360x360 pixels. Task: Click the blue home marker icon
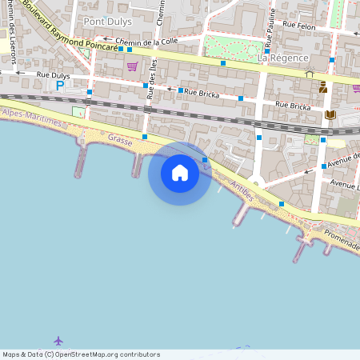pyautogui.click(x=179, y=173)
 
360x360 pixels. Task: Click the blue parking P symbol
pyautogui.click(x=59, y=85)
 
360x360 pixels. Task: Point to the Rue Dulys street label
pyautogui.click(x=53, y=74)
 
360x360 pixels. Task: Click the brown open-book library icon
pyautogui.click(x=330, y=115)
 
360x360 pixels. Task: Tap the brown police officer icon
pyautogui.click(x=323, y=86)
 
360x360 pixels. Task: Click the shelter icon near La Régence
pyautogui.click(x=310, y=74)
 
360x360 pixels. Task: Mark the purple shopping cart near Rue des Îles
pyautogui.click(x=132, y=66)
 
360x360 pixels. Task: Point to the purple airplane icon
pyautogui.click(x=58, y=341)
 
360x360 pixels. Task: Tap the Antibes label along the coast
pyautogui.click(x=241, y=190)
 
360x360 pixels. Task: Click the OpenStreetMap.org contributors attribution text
pyautogui.click(x=107, y=354)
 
